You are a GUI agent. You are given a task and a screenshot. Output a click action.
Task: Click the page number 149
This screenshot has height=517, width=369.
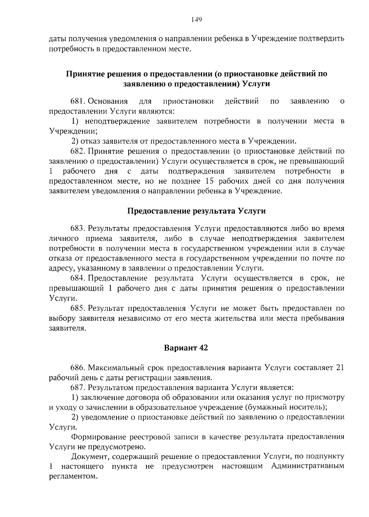[x=196, y=20]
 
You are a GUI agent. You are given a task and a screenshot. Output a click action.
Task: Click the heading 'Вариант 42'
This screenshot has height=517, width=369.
[x=186, y=348]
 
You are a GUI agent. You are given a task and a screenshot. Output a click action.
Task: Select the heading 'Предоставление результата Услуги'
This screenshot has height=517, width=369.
[x=196, y=211]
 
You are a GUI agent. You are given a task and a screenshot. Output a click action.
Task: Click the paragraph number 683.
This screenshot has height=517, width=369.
[x=78, y=229]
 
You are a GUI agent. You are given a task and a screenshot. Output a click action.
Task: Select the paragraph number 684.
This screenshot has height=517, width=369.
[x=78, y=278]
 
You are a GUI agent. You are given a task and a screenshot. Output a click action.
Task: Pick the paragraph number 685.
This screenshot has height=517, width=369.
[x=78, y=308]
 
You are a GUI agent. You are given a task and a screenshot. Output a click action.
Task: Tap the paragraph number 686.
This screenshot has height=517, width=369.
[x=78, y=368]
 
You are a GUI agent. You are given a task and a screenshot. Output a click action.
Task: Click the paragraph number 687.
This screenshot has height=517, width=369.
[x=78, y=388]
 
